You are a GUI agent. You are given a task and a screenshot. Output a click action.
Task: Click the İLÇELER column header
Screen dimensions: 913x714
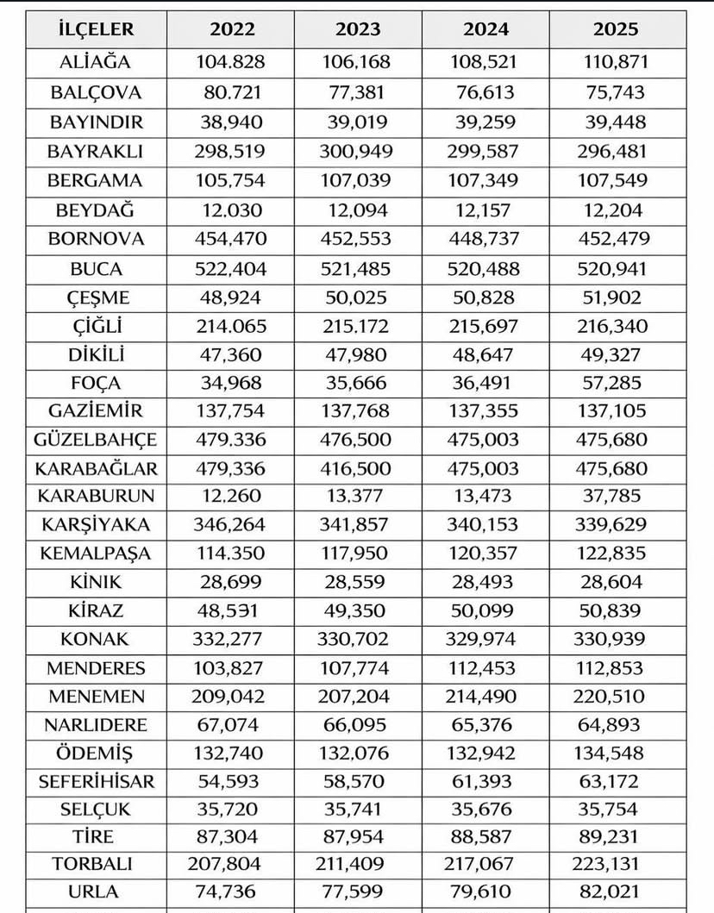click(x=96, y=29)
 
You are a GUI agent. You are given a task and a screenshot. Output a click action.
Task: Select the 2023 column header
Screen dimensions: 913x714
click(x=358, y=29)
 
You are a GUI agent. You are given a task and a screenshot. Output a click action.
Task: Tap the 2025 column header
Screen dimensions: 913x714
click(x=616, y=29)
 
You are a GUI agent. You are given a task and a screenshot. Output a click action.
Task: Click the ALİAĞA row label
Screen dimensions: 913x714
click(x=96, y=62)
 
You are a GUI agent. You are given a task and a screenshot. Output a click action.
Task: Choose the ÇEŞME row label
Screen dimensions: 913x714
click(x=96, y=297)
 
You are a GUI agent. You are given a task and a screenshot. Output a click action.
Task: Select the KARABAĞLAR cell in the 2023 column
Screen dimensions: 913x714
click(x=358, y=468)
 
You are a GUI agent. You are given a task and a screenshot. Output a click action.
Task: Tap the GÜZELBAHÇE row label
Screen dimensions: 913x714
click(x=96, y=440)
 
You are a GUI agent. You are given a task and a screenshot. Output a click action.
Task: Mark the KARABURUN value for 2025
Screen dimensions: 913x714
click(x=616, y=497)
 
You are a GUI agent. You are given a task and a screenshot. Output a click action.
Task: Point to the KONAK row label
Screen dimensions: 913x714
click(x=96, y=640)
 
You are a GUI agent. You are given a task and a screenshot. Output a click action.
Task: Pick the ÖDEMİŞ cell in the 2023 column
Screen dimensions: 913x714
click(x=358, y=753)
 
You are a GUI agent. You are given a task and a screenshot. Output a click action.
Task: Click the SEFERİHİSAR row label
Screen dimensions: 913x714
click(x=96, y=781)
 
